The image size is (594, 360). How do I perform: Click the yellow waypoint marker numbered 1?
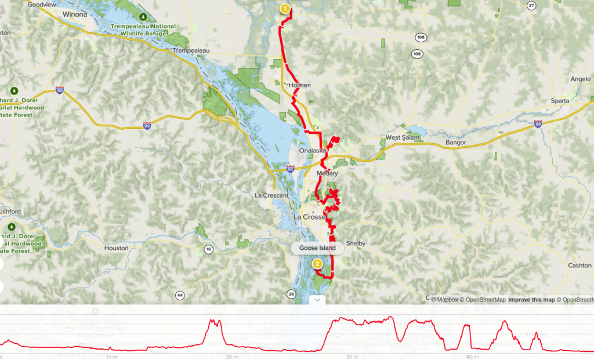(285, 9)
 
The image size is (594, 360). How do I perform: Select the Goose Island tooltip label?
(317, 248)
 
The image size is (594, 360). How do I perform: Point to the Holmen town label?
(300, 85)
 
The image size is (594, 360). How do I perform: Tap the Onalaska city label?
(313, 151)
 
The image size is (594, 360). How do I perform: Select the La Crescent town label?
(271, 195)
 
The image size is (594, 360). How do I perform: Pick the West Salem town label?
(402, 137)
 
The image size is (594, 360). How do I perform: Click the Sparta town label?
(560, 100)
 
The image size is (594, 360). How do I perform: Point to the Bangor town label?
(456, 142)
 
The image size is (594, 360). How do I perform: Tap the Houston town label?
(115, 248)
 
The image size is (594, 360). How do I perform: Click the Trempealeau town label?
(191, 51)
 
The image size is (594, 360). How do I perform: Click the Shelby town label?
(356, 243)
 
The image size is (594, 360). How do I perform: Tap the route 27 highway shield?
(531, 5)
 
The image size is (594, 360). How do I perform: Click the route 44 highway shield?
(180, 296)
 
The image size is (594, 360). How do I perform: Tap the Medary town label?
(327, 173)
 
